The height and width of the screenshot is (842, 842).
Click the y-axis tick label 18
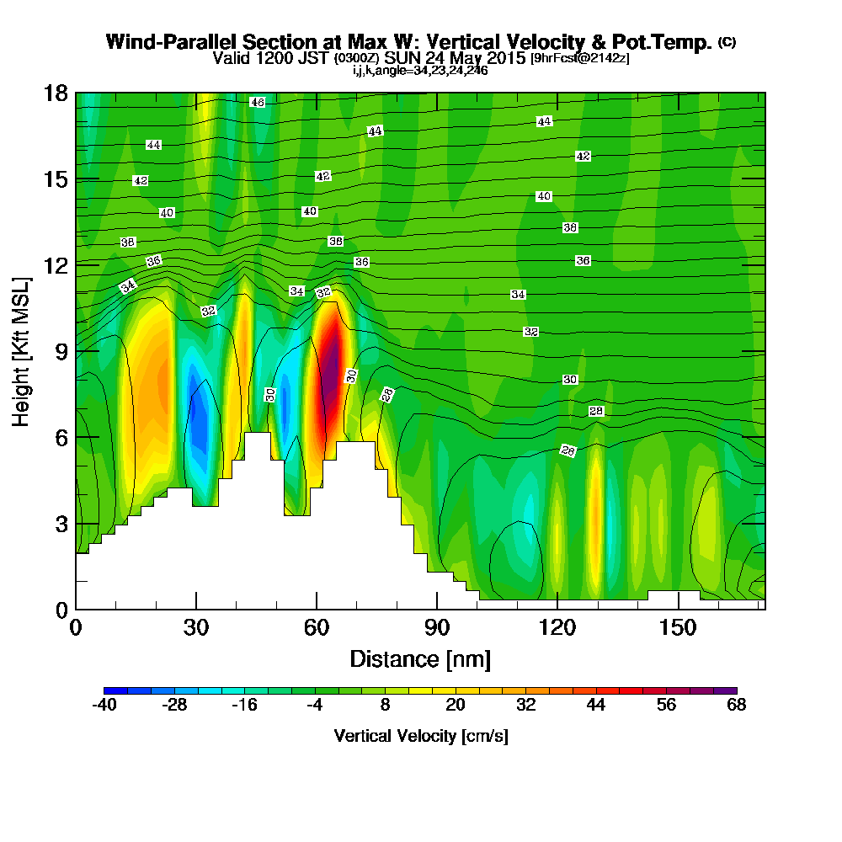(x=56, y=93)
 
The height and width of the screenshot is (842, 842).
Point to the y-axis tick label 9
(x=62, y=352)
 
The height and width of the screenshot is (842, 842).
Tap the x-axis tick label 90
(x=437, y=627)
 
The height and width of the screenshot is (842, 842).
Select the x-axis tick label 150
(x=678, y=627)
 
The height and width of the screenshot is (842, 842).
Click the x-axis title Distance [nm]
(x=420, y=659)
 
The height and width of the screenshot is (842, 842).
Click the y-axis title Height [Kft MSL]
(x=21, y=352)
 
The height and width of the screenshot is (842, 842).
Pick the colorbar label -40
(x=104, y=705)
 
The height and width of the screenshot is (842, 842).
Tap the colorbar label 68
(x=736, y=705)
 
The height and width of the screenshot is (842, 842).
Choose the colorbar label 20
(x=456, y=705)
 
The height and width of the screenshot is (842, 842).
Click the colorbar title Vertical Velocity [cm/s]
(x=421, y=736)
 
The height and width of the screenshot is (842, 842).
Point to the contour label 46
(x=257, y=102)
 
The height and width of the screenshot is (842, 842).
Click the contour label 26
(x=568, y=450)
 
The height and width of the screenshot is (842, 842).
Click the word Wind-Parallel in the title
(x=173, y=42)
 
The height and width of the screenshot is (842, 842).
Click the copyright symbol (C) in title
(x=727, y=42)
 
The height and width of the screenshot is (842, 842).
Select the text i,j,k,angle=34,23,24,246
(x=420, y=71)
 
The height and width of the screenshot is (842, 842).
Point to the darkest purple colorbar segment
(x=725, y=690)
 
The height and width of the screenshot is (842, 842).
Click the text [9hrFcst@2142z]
(x=580, y=58)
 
